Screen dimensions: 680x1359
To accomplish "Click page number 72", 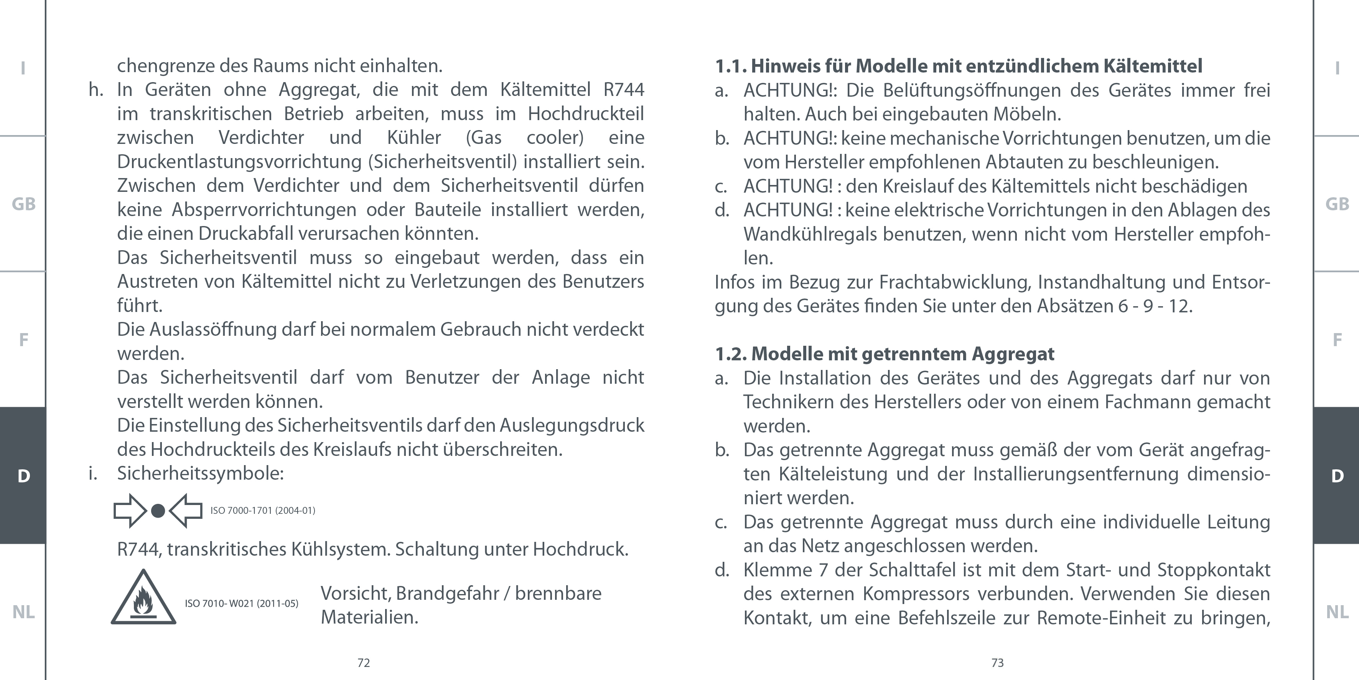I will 364,663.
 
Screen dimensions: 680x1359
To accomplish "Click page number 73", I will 997,663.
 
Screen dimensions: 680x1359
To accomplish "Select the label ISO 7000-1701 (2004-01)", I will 263,510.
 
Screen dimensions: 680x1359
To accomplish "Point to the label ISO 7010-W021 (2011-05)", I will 241,604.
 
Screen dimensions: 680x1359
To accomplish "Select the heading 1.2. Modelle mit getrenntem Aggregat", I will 884,354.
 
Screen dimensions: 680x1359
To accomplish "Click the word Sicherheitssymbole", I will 199,473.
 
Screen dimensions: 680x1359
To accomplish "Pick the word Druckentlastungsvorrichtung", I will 240,162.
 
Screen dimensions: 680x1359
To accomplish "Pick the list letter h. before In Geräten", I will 96,90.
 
